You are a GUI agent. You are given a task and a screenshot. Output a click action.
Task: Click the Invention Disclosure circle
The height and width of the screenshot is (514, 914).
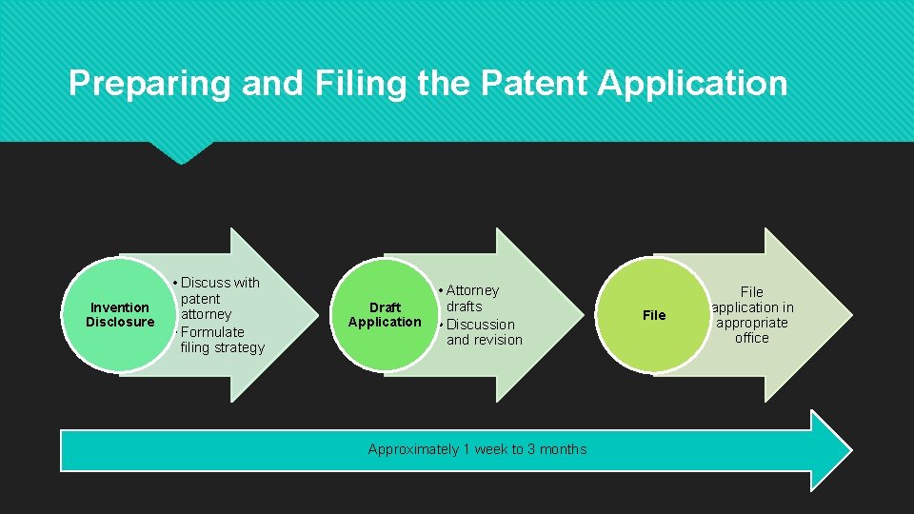(119, 314)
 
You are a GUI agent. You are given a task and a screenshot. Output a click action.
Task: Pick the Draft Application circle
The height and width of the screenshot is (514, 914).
(385, 314)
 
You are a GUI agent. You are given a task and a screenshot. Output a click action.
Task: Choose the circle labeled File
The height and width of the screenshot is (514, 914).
(654, 315)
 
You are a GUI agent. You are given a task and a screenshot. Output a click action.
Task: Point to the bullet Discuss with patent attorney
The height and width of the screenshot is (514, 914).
(219, 298)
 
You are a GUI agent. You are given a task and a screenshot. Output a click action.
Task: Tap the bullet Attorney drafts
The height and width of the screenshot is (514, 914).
(471, 298)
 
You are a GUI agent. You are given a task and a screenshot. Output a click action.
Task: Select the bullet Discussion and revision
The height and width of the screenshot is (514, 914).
(484, 331)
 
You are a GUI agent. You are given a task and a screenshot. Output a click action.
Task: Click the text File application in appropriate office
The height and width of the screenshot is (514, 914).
(752, 314)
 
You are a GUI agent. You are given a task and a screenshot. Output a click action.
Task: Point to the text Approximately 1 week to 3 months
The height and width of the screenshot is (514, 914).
(477, 449)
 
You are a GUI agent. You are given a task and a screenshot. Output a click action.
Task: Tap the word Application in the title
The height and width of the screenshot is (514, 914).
(692, 84)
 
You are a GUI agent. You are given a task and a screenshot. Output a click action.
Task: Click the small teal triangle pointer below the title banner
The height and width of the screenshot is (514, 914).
(181, 152)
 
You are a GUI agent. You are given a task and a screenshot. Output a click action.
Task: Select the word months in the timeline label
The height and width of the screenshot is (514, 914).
(562, 449)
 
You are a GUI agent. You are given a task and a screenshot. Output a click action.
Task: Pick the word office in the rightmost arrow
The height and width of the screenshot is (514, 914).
(752, 338)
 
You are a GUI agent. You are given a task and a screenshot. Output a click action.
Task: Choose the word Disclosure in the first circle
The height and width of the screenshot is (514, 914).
(120, 322)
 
